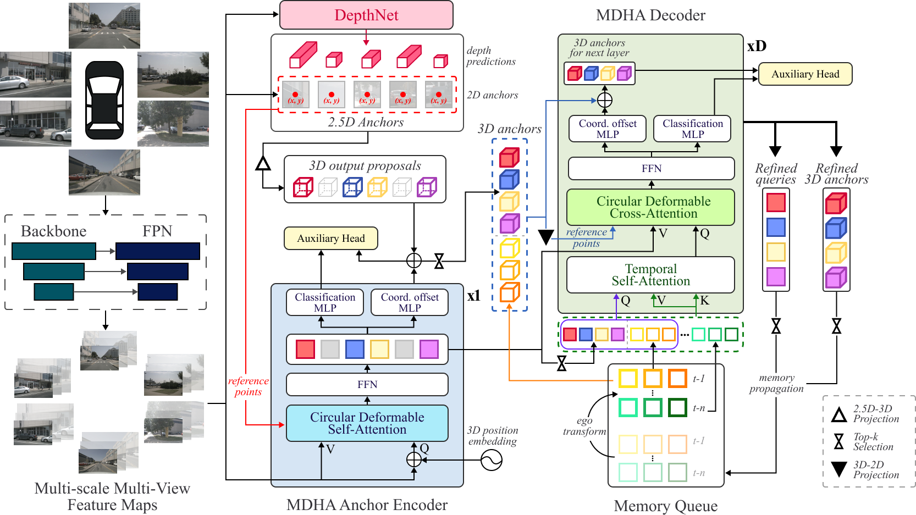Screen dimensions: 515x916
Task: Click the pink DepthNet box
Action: [366, 15]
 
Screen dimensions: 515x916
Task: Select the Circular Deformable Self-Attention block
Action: [367, 423]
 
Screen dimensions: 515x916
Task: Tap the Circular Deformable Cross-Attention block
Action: [650, 207]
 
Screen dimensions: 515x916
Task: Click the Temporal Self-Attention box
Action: [650, 275]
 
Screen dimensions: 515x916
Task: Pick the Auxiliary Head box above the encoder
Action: [330, 238]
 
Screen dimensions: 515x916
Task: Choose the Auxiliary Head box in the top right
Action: [805, 74]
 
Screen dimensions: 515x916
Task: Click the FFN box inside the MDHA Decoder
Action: [651, 168]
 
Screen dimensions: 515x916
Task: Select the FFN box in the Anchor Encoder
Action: [367, 384]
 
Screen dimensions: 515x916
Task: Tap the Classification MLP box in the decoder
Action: [692, 129]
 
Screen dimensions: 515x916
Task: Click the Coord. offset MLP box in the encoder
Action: [410, 302]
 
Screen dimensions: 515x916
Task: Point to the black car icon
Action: [104, 100]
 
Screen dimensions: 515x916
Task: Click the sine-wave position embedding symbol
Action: [491, 460]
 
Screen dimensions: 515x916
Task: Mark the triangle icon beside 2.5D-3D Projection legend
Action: [839, 414]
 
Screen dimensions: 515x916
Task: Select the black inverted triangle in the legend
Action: [839, 469]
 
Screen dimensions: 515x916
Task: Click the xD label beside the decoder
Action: [757, 46]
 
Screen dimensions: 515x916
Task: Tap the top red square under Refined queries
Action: [776, 202]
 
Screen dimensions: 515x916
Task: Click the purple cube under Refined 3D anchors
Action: [836, 278]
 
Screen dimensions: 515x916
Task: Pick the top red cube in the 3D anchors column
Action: [509, 158]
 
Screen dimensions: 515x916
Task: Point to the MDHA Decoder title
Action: [650, 15]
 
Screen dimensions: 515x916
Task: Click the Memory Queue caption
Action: [665, 506]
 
